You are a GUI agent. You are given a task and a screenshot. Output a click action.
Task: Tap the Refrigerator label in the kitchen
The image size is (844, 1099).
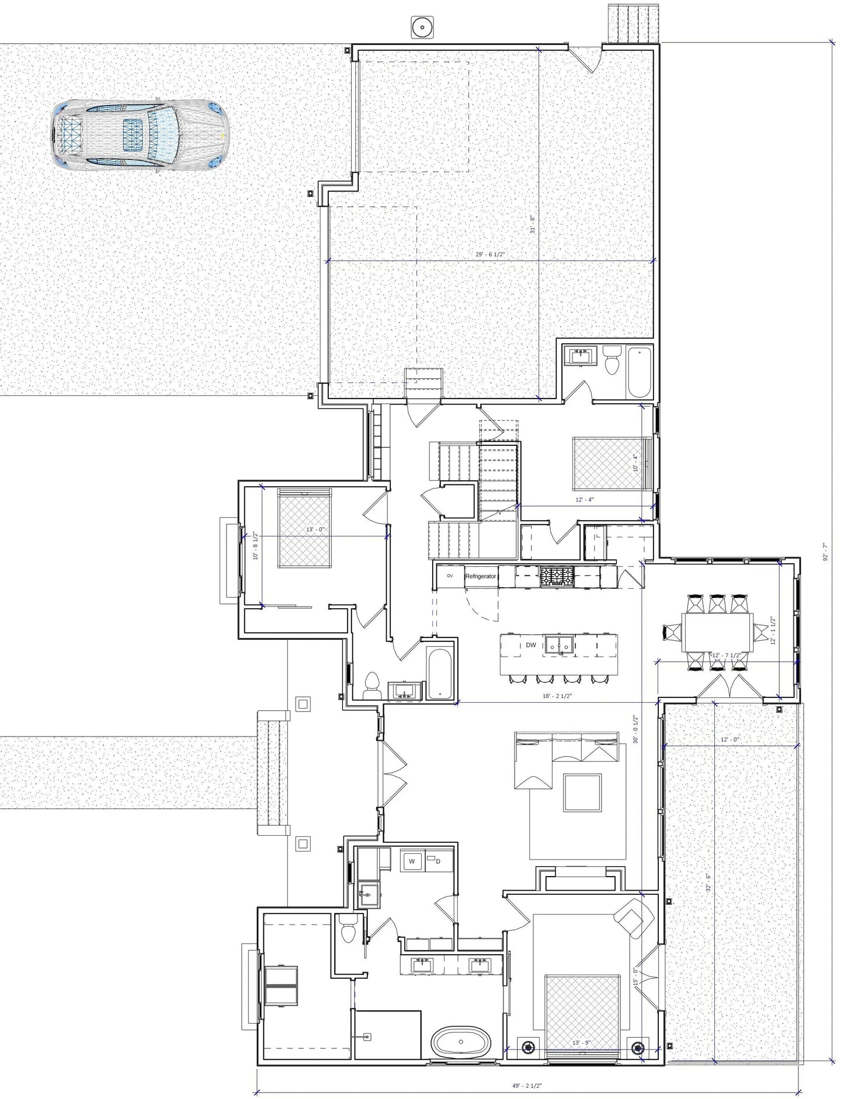[480, 576]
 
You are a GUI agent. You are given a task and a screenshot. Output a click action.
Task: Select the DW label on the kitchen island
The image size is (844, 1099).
[530, 645]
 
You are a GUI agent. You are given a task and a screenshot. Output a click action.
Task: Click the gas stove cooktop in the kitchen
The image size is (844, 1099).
[557, 576]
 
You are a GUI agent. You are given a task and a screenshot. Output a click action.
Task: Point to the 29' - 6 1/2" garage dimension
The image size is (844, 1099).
[489, 254]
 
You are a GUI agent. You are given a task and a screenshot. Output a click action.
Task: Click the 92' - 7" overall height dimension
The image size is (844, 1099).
[825, 552]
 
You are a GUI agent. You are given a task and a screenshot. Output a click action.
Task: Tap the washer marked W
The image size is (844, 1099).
[412, 861]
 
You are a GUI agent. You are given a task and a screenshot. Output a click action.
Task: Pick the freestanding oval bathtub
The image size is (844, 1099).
[461, 1041]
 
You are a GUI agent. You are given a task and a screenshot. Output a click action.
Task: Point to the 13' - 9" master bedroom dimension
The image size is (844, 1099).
[582, 1042]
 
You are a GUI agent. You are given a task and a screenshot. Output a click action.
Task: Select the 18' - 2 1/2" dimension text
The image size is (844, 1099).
[557, 696]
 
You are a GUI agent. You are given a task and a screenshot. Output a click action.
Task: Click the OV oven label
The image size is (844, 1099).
[450, 575]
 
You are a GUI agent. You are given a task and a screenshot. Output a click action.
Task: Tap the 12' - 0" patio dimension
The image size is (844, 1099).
[730, 739]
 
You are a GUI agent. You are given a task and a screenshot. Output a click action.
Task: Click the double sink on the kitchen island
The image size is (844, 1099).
[560, 645]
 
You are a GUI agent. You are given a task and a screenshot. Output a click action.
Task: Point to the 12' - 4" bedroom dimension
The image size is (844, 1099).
[584, 500]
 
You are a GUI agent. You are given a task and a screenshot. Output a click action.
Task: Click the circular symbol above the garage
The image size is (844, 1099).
[422, 27]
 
